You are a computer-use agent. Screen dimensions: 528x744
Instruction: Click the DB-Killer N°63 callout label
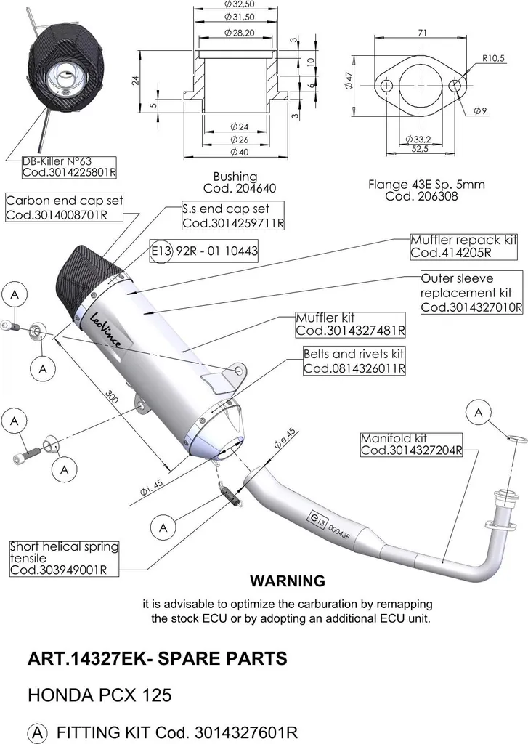tap(69, 167)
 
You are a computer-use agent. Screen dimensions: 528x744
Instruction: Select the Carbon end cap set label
tap(64, 207)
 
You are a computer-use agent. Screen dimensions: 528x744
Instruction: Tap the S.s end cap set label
tap(233, 216)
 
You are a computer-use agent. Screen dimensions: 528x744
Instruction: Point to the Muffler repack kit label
tap(463, 246)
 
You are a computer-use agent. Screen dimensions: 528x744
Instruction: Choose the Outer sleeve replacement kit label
tap(471, 292)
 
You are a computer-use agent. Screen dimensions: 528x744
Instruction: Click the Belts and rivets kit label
tap(354, 361)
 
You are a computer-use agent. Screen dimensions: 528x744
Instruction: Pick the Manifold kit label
tap(411, 445)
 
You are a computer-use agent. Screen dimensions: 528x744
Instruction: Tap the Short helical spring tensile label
tap(64, 559)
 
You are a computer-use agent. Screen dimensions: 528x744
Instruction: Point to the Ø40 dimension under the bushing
tap(240, 153)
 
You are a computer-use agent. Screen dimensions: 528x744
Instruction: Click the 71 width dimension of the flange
tap(423, 32)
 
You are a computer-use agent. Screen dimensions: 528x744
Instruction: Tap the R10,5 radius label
tap(493, 58)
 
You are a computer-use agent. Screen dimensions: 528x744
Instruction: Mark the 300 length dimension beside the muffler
tap(111, 397)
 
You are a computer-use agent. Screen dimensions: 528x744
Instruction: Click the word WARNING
tap(288, 581)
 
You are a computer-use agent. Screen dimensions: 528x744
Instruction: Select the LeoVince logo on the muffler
tap(105, 328)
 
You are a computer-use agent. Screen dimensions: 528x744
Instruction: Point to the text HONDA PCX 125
tap(99, 695)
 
